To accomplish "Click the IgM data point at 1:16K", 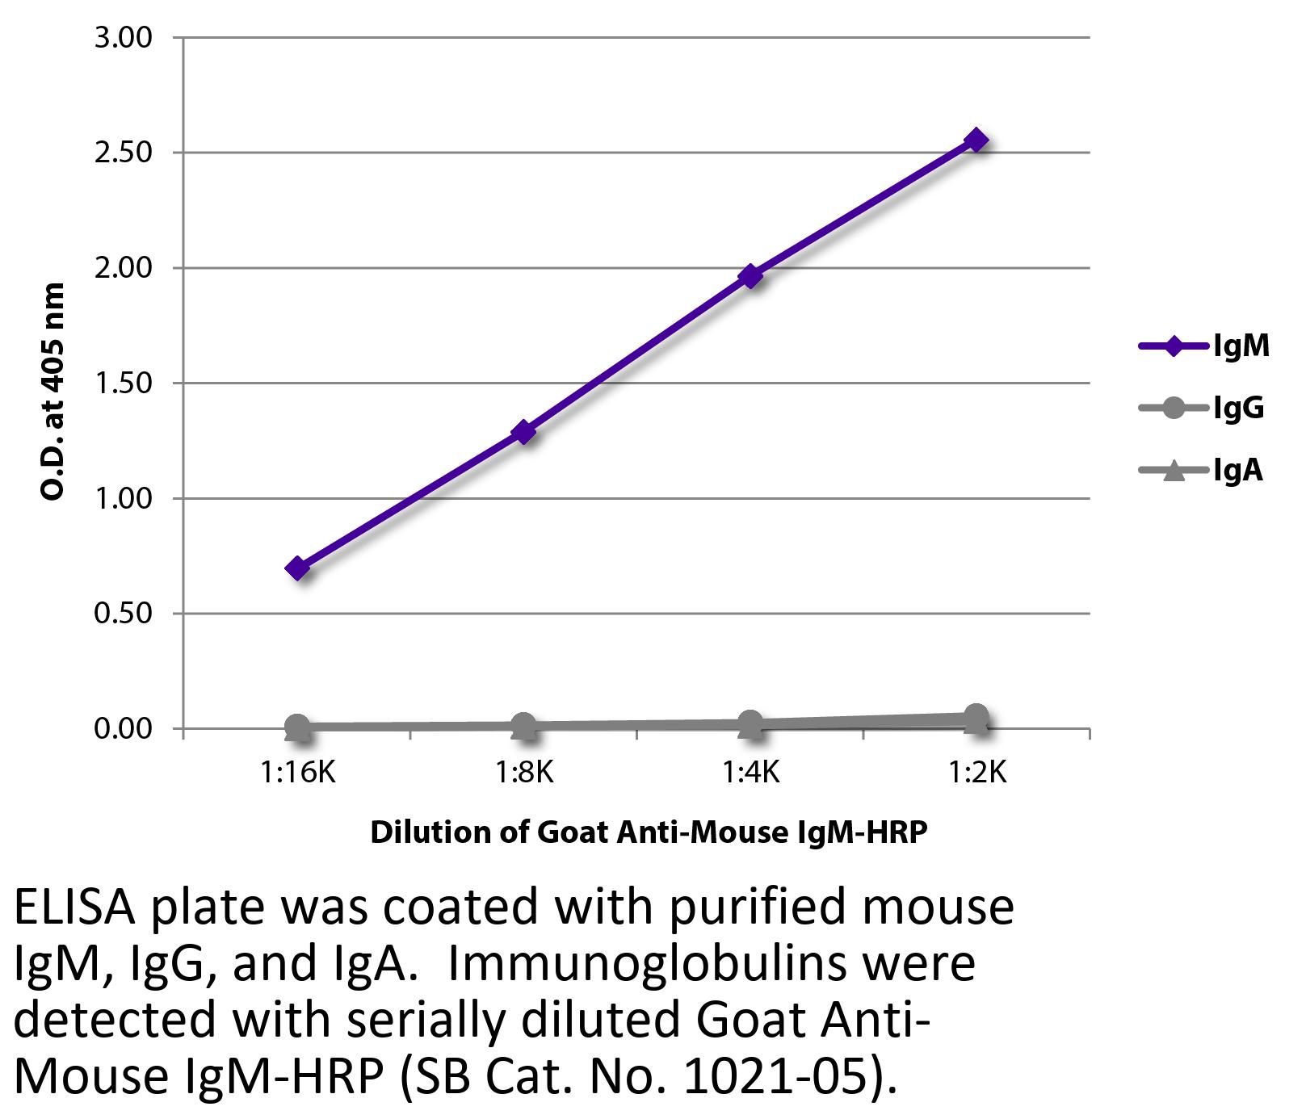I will point(297,568).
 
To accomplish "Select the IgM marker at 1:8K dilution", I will point(524,432).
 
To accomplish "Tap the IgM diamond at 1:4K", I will point(751,276).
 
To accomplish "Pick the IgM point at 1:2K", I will point(977,140).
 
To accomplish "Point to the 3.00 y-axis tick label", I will point(124,38).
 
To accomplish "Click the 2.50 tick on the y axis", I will point(124,153).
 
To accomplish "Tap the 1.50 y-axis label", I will point(124,383).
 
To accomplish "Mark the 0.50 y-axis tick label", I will point(124,614).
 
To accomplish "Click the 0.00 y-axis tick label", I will point(124,729).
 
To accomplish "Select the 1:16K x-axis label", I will point(297,773).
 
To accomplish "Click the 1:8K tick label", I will point(524,773).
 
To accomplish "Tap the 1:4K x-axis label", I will point(751,773).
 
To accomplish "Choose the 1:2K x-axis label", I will point(977,773).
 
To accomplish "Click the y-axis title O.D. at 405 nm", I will point(53,391).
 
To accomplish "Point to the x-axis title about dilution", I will point(648,832).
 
